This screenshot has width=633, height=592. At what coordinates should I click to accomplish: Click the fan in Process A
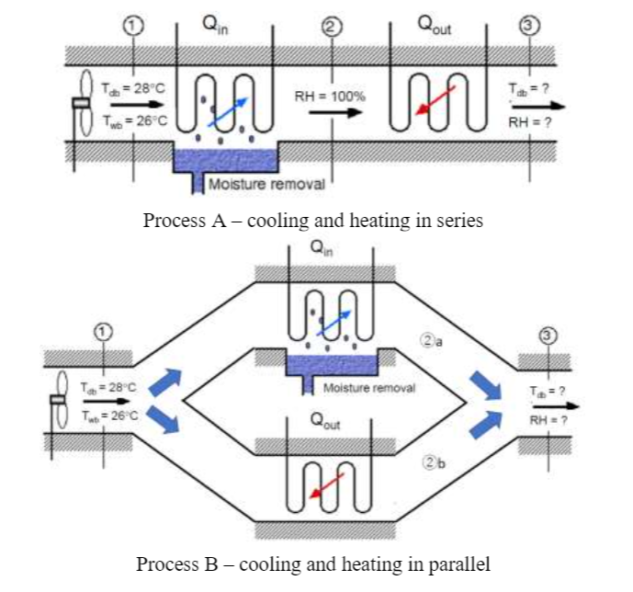[83, 104]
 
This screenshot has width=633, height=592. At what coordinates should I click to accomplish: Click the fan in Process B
[60, 399]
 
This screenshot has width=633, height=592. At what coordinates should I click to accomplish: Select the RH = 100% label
[330, 96]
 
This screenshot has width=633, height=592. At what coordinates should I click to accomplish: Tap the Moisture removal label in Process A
[266, 184]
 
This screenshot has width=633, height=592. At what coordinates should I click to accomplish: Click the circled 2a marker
[433, 341]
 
